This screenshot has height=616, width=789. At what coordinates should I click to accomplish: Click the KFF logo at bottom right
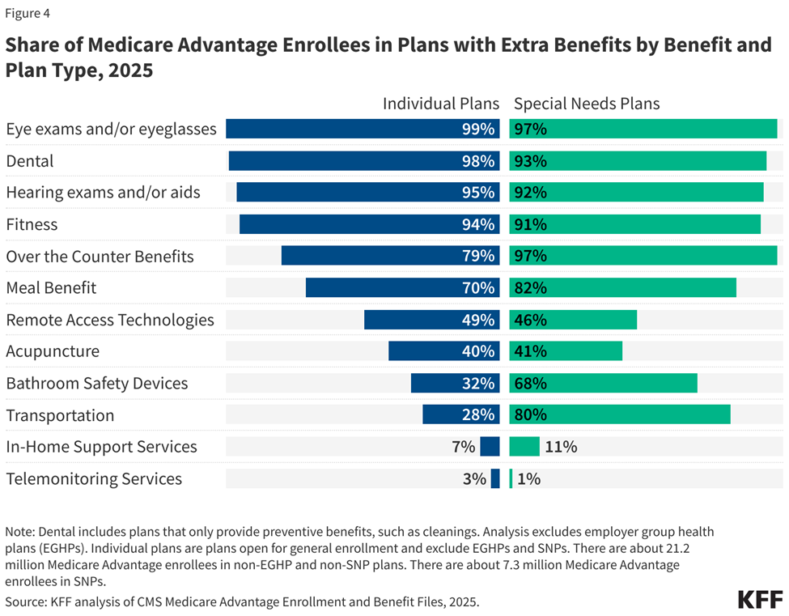[x=760, y=600]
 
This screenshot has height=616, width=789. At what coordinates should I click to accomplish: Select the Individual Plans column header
[x=441, y=104]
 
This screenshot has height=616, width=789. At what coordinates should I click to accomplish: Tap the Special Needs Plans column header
[x=587, y=104]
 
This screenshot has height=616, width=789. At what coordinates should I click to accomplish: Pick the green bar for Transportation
[x=620, y=414]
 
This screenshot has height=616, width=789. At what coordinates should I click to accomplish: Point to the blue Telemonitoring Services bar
[x=495, y=478]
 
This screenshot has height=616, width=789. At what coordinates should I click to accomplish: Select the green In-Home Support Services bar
[x=524, y=446]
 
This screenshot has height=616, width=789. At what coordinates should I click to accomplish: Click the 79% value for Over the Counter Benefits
[x=478, y=256]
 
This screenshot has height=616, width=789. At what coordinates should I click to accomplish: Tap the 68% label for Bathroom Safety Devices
[x=528, y=383]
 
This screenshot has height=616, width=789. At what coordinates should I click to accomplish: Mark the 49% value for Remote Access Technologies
[x=478, y=320]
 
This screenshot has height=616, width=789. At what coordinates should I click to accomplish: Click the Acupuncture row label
[x=53, y=351]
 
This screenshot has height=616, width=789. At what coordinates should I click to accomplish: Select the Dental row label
[x=30, y=161]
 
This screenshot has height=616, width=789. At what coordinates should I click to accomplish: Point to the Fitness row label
[x=32, y=224]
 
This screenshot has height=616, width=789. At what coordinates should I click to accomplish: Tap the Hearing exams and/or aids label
[x=103, y=193]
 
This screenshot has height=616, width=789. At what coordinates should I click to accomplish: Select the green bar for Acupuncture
[x=566, y=351]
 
